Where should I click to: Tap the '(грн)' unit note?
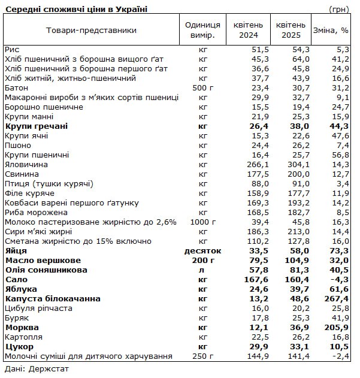[x=340, y=9]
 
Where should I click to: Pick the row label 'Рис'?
[x=11, y=50]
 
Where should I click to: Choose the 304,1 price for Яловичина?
[x=298, y=165]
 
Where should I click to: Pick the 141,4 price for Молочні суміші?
[x=298, y=356]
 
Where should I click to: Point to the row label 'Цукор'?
[x=19, y=347]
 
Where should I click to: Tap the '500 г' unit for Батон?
[x=202, y=88]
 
